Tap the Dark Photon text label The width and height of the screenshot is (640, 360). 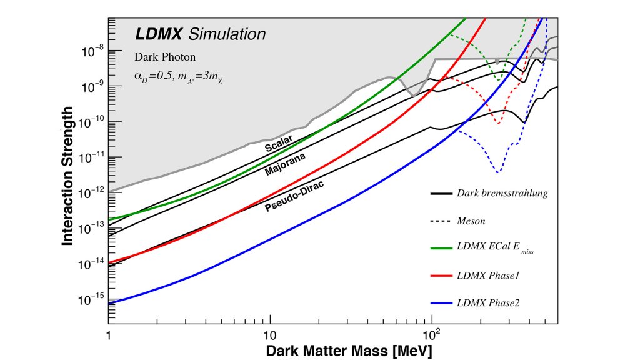(x=165, y=57)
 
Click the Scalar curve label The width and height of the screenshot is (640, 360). (x=279, y=145)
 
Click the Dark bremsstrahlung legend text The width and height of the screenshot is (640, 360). (x=502, y=193)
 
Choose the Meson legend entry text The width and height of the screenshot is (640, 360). (x=472, y=221)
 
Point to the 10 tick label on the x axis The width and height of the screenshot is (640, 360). (x=269, y=334)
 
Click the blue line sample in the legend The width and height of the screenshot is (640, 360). (x=442, y=303)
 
